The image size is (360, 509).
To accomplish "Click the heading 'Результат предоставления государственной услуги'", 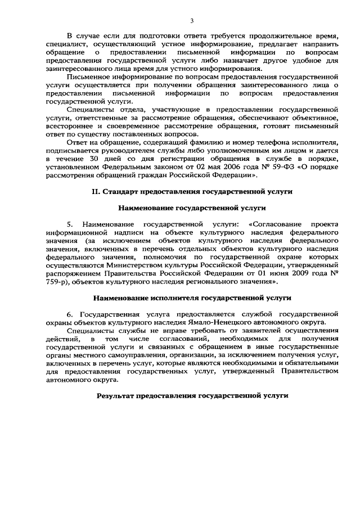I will click(192, 395).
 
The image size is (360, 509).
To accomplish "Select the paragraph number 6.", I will click(70, 313).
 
